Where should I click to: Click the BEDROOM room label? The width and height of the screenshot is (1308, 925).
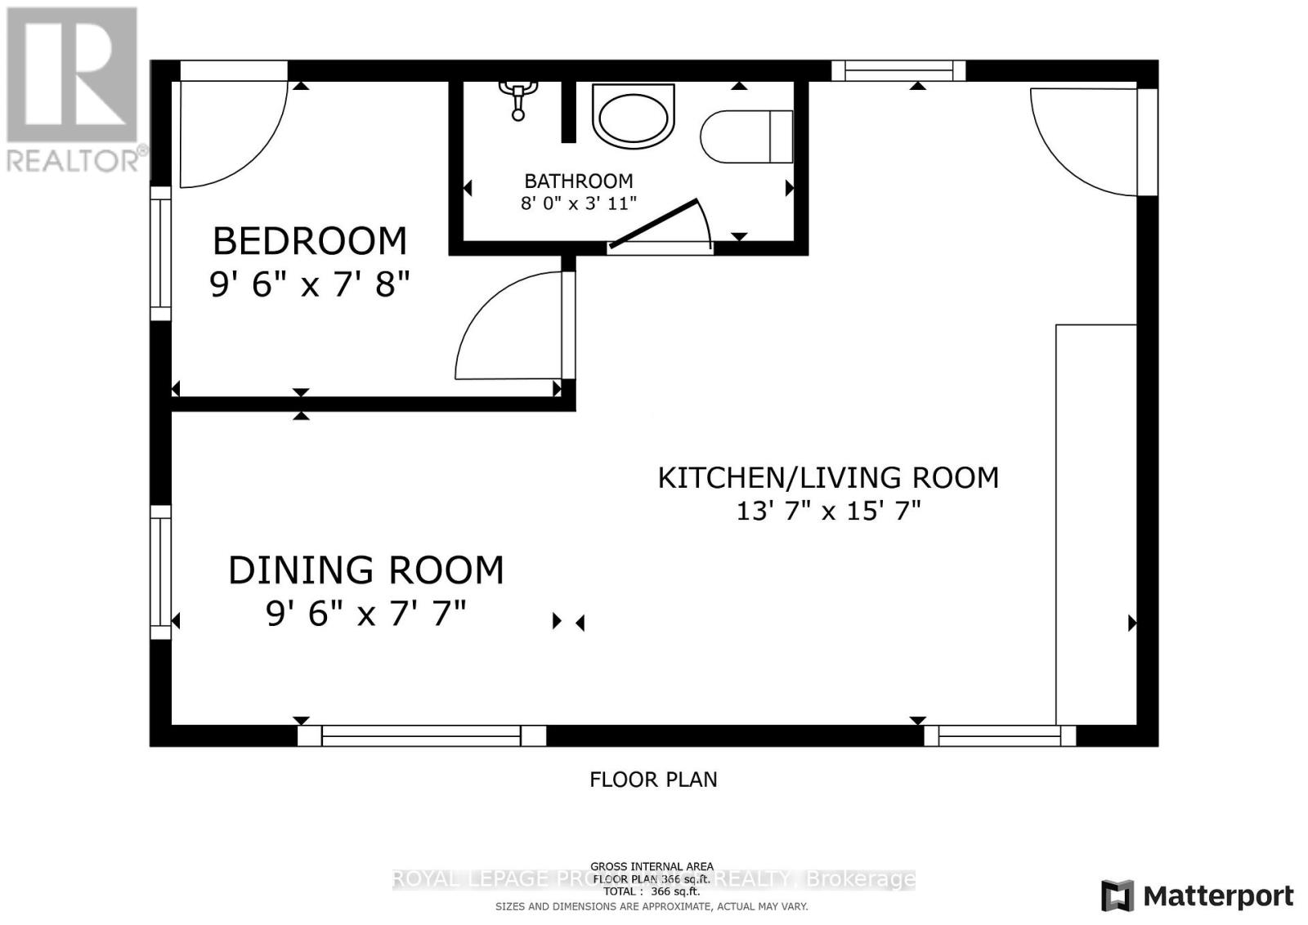tap(309, 241)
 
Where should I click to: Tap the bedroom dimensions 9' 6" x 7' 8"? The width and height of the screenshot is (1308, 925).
tap(309, 284)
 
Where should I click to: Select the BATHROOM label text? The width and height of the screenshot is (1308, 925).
tap(578, 181)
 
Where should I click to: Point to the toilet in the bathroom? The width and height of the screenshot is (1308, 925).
tap(746, 136)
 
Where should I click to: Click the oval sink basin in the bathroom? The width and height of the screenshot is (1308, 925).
tap(634, 115)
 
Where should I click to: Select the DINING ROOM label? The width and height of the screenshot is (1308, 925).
tap(365, 570)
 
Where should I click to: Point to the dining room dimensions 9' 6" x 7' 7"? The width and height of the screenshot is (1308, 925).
tap(365, 613)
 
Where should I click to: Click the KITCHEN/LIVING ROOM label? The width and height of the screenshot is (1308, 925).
tap(828, 477)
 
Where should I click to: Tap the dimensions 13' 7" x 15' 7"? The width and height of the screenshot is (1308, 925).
tap(828, 512)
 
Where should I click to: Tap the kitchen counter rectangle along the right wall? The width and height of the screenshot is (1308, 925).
tap(1095, 523)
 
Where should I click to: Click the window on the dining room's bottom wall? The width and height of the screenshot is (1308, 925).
tap(421, 735)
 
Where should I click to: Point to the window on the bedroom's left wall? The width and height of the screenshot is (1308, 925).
tap(161, 253)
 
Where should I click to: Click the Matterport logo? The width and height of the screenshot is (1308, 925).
tap(1198, 896)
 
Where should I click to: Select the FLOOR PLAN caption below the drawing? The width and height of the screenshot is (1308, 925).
tap(653, 780)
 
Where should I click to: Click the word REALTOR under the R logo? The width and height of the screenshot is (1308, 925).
tap(72, 160)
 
